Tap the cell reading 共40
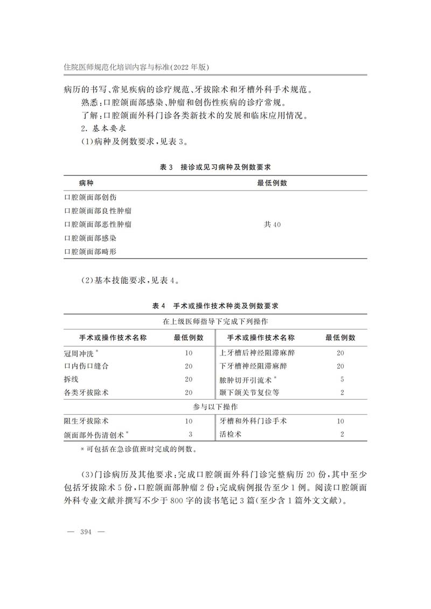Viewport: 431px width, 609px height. (x=272, y=224)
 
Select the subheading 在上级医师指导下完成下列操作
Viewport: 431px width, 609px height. (x=215, y=321)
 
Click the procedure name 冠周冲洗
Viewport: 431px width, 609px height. (x=82, y=353)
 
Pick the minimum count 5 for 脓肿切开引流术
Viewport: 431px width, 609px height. (x=342, y=380)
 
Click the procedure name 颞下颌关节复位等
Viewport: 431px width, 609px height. (x=249, y=393)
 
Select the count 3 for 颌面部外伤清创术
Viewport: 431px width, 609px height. (x=190, y=434)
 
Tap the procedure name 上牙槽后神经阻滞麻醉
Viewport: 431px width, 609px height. (x=258, y=353)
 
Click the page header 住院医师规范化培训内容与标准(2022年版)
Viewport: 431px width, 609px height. (x=136, y=67)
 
